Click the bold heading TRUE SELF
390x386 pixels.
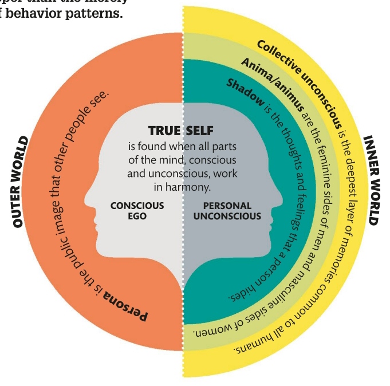pos(181,131)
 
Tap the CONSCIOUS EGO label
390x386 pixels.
pos(137,210)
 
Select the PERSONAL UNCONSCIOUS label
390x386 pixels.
pos(227,211)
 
